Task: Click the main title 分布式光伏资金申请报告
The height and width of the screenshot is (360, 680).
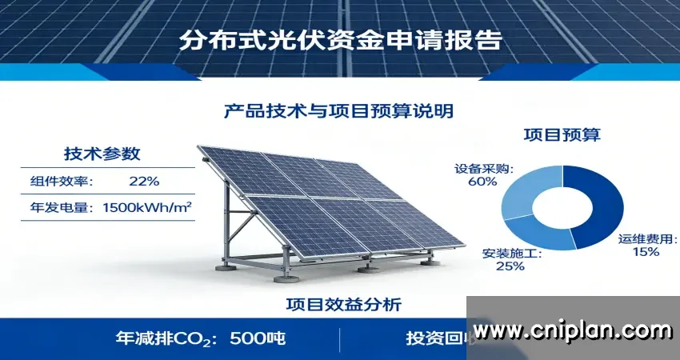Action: [340, 40]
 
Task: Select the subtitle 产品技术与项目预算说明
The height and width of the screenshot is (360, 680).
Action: [339, 110]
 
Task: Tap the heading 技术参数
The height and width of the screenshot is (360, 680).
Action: [102, 154]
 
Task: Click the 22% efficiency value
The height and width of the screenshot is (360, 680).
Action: [144, 181]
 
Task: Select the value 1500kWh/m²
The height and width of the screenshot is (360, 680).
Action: [148, 207]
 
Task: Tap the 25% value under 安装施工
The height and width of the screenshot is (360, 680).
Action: [510, 266]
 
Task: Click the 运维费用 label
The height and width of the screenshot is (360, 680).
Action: [647, 239]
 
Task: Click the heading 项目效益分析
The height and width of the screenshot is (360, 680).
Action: [343, 304]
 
